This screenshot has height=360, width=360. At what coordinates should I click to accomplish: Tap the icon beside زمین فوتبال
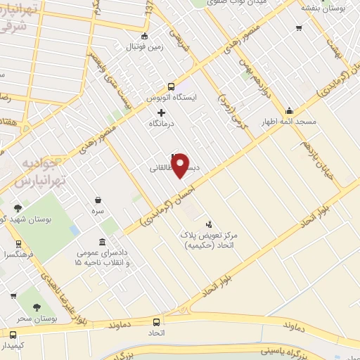(x=145, y=37)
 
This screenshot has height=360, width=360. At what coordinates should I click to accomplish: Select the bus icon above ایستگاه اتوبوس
(x=172, y=86)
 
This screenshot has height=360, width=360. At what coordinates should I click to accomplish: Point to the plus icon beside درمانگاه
(x=162, y=112)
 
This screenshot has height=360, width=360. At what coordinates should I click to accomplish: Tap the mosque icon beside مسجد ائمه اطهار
(x=289, y=110)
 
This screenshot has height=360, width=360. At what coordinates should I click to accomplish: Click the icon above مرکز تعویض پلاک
(x=206, y=223)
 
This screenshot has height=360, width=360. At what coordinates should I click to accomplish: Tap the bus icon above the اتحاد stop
(x=156, y=321)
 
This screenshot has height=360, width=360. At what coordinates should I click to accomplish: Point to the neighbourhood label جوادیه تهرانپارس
(x=40, y=172)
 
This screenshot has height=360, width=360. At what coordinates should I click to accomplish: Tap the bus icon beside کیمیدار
(x=13, y=334)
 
